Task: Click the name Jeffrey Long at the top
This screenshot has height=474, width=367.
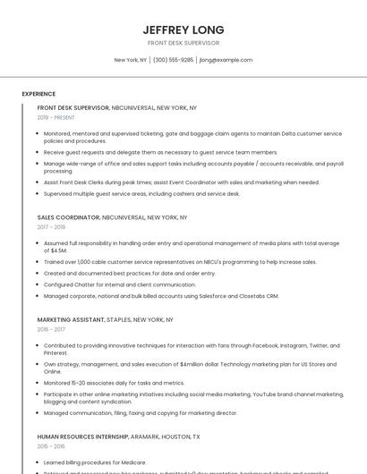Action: coord(183,30)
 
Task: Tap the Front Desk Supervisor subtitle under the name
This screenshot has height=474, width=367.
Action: coord(183,43)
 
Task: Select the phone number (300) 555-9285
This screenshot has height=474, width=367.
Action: coord(173,60)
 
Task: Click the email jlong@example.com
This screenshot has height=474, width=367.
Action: coord(226,60)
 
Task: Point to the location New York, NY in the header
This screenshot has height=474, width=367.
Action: coord(130,60)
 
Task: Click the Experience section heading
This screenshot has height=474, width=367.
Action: coord(38,94)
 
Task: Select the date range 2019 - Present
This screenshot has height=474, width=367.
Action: coord(56,117)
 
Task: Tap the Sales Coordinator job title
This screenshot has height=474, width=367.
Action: coord(68,217)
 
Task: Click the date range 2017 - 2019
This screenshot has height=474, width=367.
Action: coord(51,227)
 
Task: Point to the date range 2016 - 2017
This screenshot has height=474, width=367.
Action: coord(51,329)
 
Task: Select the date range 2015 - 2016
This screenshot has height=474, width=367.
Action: coord(51,446)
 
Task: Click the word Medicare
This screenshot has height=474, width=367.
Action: coord(129,462)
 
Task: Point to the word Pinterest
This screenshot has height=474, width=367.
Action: coord(55,352)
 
